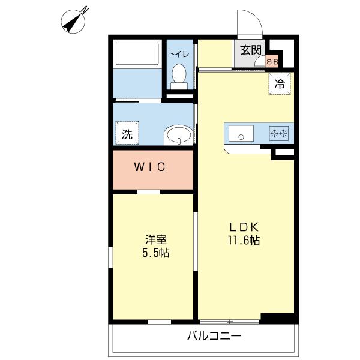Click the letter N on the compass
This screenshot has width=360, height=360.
85,10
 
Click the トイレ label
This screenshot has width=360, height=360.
179,54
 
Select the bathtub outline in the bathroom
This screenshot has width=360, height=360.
137,54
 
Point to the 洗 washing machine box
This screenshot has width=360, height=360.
127,133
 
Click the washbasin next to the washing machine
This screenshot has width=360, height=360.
179,135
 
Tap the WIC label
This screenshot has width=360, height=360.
149,167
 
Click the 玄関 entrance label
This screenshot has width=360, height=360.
251,50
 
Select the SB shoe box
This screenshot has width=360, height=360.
272,62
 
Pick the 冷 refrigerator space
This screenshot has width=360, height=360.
280,83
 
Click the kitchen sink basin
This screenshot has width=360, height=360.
241,133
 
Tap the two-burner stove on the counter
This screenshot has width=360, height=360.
279,133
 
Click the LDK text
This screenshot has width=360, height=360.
244,227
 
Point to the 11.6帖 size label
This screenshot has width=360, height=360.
244,241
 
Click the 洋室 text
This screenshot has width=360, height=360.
156,239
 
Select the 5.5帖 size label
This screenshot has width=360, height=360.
156,253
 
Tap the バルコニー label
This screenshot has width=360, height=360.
214,336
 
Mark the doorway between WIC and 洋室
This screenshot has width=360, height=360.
149,192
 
